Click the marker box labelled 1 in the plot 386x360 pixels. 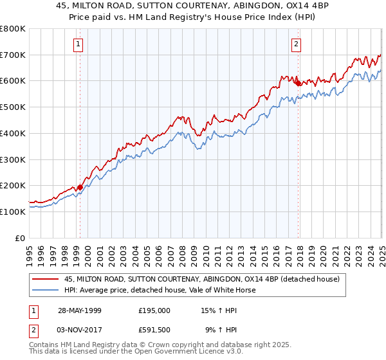point(78,44)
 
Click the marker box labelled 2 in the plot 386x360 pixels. point(296,44)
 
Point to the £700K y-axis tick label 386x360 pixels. point(13,55)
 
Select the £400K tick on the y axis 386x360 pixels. point(13,134)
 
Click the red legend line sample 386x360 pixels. point(46,279)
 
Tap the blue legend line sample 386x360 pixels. point(46,290)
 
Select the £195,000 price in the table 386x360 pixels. point(154,310)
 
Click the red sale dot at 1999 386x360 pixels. point(80,187)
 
